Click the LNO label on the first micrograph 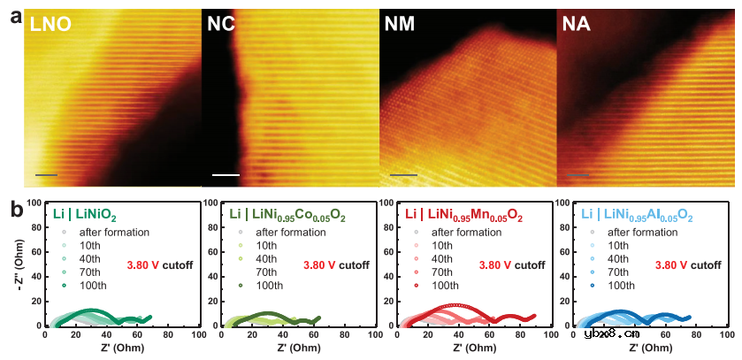(x=50, y=26)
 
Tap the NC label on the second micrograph (x=221, y=26)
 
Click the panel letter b (x=13, y=210)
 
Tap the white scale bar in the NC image (x=226, y=175)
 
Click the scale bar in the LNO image (x=46, y=175)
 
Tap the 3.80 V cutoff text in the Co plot (x=336, y=264)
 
